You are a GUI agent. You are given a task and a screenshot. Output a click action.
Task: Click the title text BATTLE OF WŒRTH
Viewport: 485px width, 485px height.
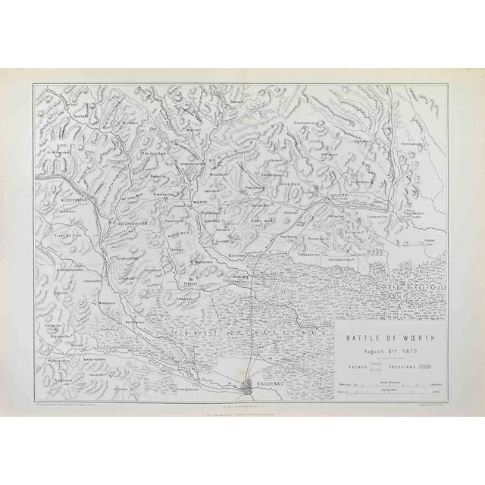[x=384, y=321]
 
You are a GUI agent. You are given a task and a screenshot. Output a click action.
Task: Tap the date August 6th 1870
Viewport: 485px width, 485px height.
[x=384, y=331]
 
